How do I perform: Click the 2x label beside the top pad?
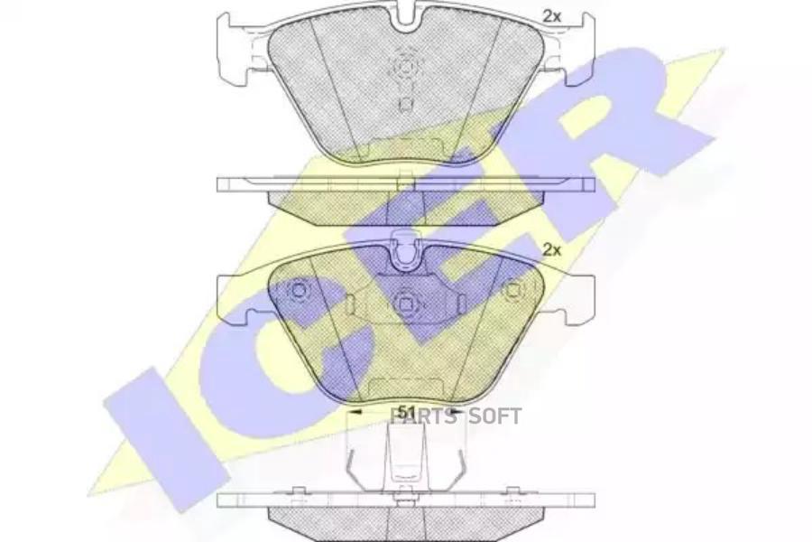550,14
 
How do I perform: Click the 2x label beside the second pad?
550,249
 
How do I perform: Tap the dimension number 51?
406,412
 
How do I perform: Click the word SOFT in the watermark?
493,416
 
